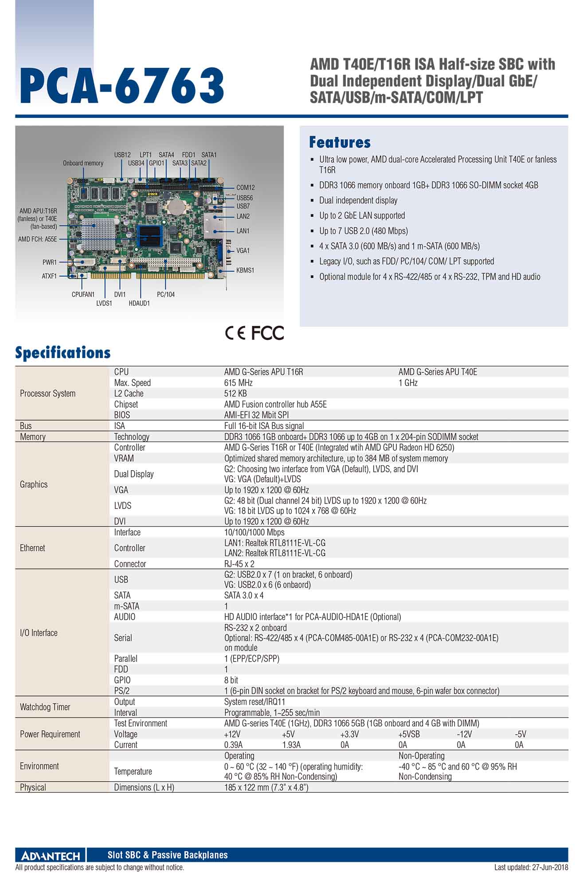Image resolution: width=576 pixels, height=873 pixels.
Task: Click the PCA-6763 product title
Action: [x=121, y=86]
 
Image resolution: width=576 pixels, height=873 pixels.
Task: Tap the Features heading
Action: [x=340, y=142]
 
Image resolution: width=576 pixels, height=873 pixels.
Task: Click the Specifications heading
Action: [x=63, y=353]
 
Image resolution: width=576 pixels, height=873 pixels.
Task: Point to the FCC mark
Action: [x=267, y=333]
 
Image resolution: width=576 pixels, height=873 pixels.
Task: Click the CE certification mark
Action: [x=235, y=333]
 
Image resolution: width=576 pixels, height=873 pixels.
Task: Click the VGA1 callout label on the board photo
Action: [x=243, y=250]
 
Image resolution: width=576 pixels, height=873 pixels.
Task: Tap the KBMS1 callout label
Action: [x=245, y=270]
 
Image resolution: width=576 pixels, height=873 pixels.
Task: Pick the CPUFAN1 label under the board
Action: [x=83, y=294]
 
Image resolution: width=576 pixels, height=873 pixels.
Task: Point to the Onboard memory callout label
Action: [x=83, y=163]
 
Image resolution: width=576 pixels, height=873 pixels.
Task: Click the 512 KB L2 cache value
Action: [x=235, y=394]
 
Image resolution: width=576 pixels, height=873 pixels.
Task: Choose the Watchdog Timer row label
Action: [x=45, y=707]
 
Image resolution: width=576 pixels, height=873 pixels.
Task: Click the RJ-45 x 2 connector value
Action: [x=239, y=564]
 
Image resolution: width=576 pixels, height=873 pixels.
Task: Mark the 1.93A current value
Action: [x=291, y=745]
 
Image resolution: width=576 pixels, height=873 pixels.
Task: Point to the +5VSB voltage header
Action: [x=409, y=734]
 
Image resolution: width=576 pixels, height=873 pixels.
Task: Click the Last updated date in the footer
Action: [x=531, y=867]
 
